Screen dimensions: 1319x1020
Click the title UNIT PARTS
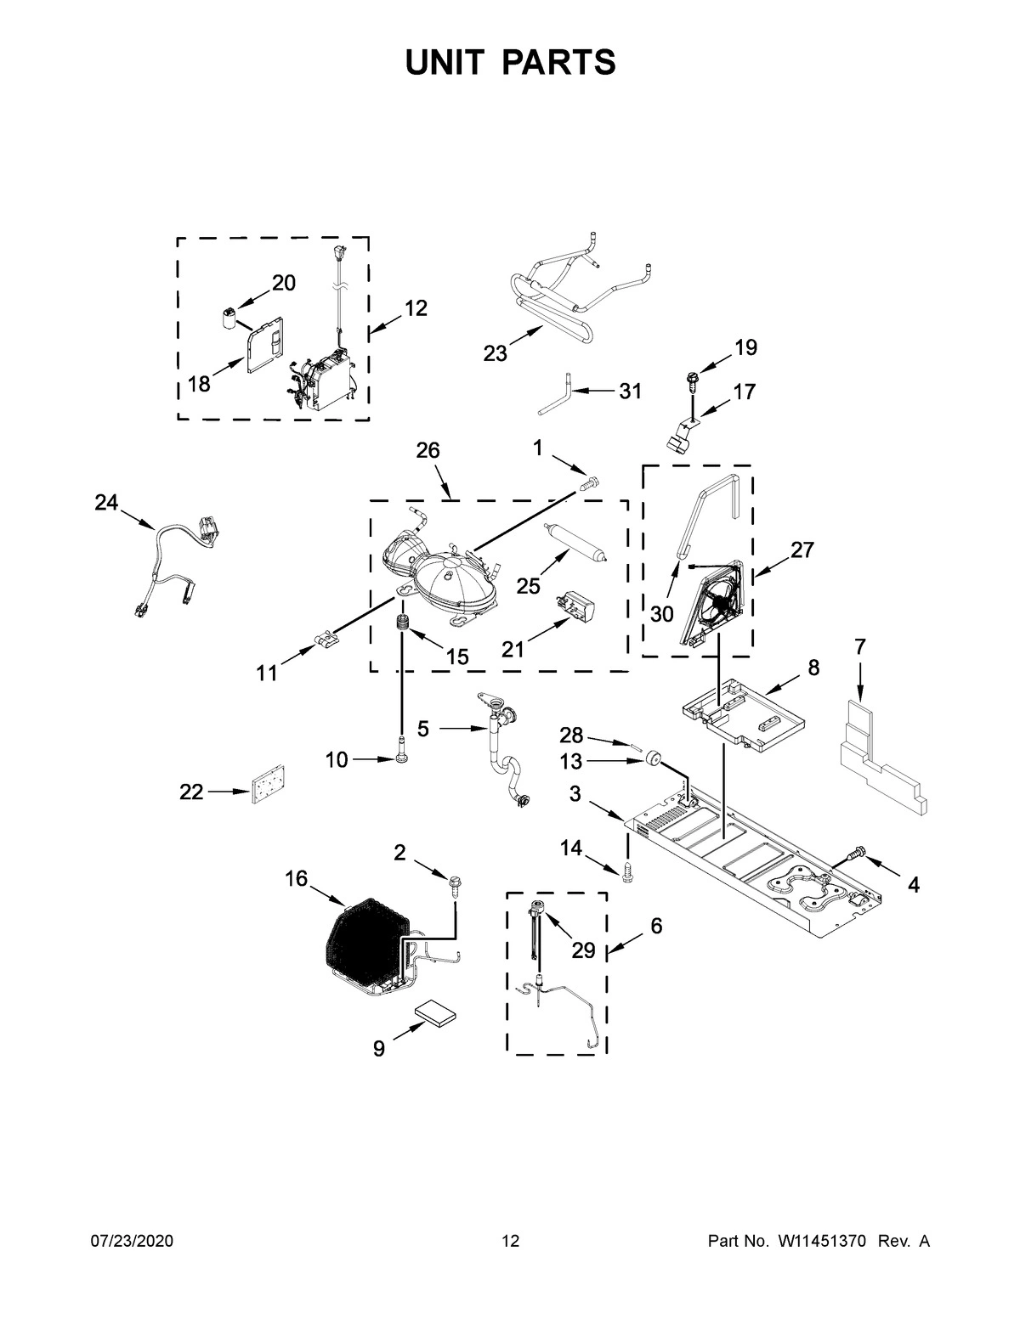pos(510,62)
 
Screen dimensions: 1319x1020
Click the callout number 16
pos(296,879)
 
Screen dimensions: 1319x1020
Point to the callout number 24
pos(106,503)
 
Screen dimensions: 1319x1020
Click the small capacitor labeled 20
pos(228,319)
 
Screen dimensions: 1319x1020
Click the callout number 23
pos(495,353)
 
